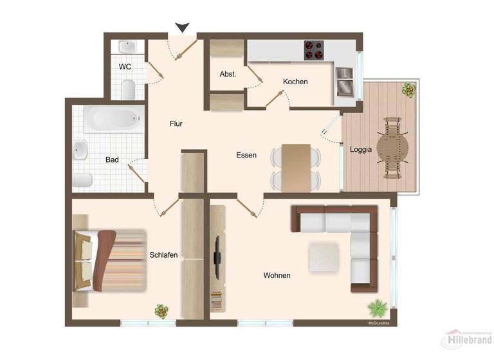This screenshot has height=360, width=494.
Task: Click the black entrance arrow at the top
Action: tap(183, 27)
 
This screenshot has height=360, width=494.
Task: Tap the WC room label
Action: tap(125, 66)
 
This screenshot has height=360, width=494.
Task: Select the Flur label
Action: tap(177, 123)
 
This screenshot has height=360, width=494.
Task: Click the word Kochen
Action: tap(295, 82)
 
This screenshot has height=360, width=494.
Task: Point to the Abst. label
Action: tap(228, 74)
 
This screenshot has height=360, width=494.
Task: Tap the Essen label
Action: tap(246, 155)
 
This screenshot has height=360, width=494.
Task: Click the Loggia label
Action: tap(360, 150)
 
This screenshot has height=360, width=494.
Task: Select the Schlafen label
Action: tap(163, 255)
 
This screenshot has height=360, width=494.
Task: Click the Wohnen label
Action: tap(277, 275)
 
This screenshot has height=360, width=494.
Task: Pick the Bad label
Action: tap(112, 160)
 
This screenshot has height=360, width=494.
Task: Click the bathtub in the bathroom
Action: tap(112, 119)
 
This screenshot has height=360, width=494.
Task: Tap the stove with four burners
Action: tap(313, 50)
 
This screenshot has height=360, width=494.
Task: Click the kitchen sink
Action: tap(344, 81)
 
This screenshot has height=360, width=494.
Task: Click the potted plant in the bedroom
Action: tap(161, 311)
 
